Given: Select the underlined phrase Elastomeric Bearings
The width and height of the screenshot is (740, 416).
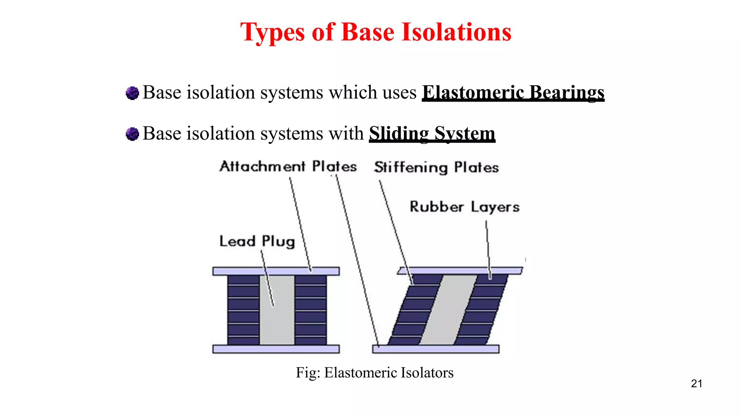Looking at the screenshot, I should point(513,92).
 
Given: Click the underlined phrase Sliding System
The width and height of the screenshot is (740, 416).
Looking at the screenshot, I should point(432,133).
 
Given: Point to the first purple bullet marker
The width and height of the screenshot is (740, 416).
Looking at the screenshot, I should point(132,93).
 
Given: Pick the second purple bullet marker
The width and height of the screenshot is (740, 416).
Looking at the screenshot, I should point(132,134).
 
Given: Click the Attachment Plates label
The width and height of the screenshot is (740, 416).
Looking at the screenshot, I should point(288,166).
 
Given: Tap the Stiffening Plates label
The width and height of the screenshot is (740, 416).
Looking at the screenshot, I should point(436,168).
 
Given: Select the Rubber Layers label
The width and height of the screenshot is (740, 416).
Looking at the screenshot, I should point(464,207).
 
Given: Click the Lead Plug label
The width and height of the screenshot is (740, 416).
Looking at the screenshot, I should point(257,241).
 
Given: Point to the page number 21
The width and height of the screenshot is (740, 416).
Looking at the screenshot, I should point(696,383).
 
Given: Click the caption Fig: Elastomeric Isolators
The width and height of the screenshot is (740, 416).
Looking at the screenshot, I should point(374,372).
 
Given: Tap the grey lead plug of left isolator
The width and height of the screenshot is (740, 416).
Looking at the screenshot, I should point(277,310).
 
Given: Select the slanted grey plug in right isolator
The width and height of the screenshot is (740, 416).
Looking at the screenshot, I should point(448,310).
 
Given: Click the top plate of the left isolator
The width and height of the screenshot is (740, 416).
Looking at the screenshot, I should point(276,271).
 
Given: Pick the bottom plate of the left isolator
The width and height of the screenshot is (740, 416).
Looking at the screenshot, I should point(276,349).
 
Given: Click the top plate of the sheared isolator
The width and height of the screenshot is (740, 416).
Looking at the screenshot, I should point(460,271).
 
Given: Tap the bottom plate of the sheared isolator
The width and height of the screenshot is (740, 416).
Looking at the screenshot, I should point(435,349).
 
